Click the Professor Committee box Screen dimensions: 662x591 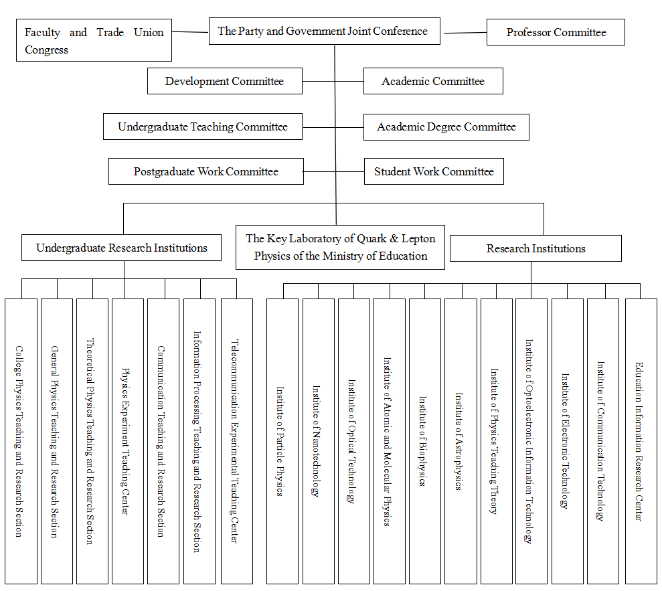pos(556,32)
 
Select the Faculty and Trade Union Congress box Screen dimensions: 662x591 pos(94,40)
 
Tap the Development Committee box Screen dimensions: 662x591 pos(225,81)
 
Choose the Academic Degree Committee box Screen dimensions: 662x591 pos(446,127)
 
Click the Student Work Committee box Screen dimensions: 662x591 pos(434,171)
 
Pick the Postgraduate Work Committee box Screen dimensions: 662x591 pos(206,171)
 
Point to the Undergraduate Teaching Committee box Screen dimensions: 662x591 pos(203,126)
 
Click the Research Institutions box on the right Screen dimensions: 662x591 pos(535,248)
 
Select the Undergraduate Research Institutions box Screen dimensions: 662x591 pos(122,248)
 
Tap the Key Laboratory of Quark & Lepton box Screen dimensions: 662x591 pos(340,248)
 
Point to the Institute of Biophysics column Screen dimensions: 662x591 pos(425,442)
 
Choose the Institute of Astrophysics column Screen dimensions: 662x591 pos(461,442)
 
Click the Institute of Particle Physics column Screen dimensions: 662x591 pos(282,442)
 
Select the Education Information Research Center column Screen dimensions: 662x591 pos(641,442)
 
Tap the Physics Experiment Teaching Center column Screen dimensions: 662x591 pos(127,442)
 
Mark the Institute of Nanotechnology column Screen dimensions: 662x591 pos(319,442)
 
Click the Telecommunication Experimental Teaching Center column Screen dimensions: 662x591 pos(237,442)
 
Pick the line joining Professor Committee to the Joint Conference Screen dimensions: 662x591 pos(464,33)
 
